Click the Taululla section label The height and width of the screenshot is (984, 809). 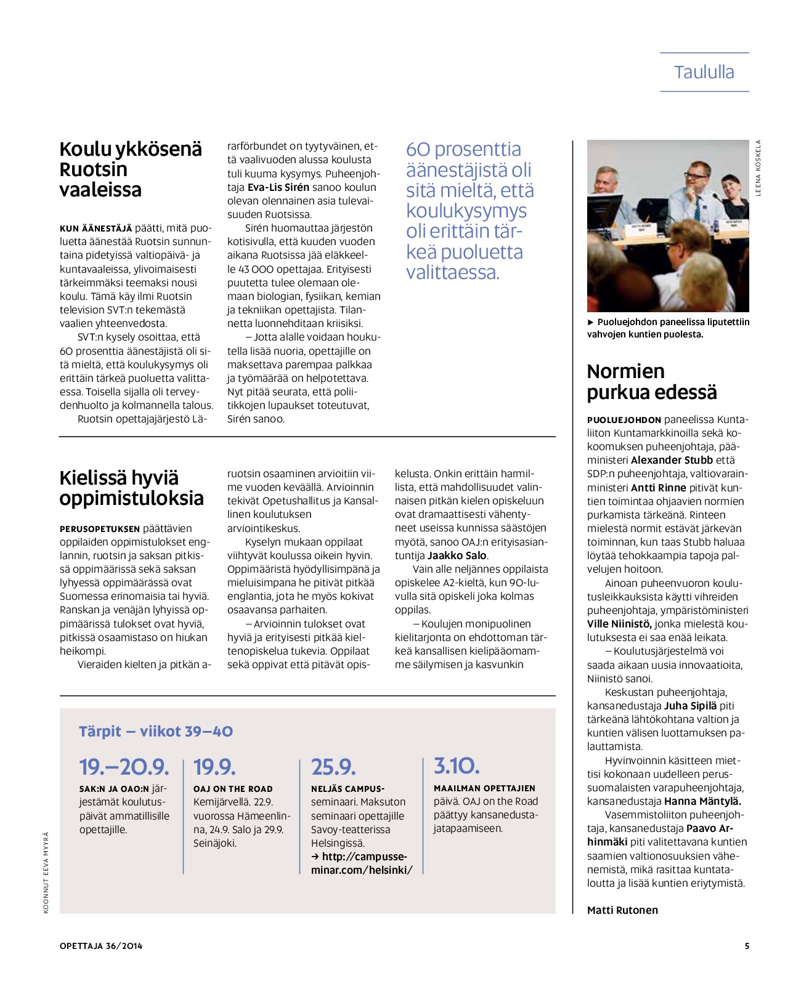pos(704,72)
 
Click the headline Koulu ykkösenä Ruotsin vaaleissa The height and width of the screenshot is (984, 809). pos(130,169)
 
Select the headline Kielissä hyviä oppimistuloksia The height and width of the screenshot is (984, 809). pos(131,488)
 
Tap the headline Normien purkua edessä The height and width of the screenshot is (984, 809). pos(651,382)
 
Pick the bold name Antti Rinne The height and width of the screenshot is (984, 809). pos(658,488)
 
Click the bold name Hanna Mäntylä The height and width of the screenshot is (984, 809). pos(702,801)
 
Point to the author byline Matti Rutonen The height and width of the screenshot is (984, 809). pos(622,910)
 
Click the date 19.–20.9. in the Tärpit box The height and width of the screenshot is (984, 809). pos(124,767)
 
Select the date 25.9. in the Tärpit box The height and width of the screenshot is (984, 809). pos(333,767)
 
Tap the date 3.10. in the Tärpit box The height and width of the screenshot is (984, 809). pos(457,766)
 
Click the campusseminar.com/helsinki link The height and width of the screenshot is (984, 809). pos(362,863)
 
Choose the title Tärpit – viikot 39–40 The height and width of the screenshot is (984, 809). pos(156,732)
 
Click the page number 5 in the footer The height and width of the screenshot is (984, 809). pos(747,946)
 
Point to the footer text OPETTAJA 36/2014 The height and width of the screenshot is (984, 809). pos(101,946)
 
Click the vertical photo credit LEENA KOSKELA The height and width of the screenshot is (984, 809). pos(758,168)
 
